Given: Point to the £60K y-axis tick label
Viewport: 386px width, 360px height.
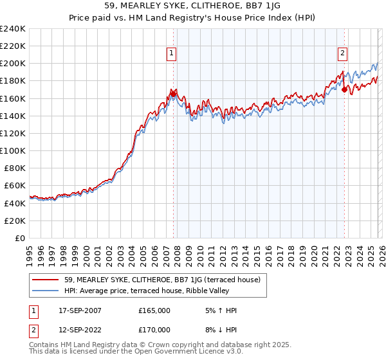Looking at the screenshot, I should (x=14, y=185).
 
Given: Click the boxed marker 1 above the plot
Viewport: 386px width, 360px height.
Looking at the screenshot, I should (x=172, y=54).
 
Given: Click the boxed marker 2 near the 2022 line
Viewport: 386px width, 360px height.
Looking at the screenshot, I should (x=343, y=54).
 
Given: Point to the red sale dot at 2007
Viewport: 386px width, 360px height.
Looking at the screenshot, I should (x=174, y=94).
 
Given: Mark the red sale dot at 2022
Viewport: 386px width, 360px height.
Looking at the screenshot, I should (x=344, y=89).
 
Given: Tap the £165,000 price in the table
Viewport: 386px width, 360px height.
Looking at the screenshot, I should (x=154, y=310).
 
